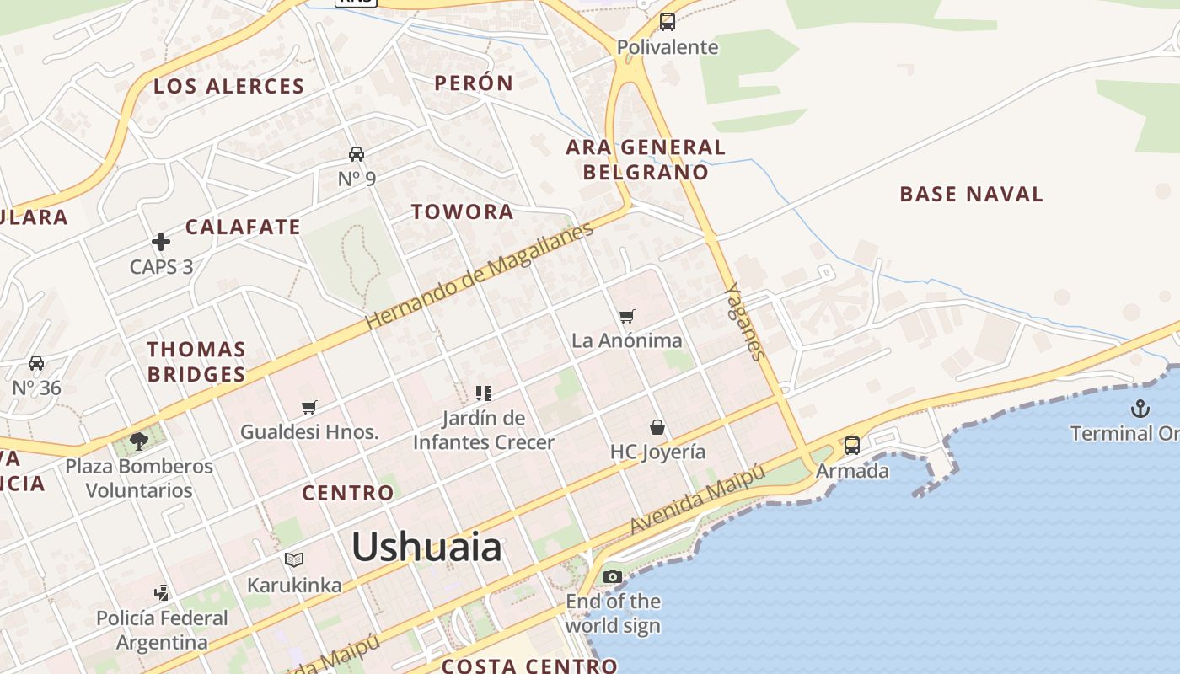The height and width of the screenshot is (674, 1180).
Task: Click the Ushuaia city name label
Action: tap(426, 548)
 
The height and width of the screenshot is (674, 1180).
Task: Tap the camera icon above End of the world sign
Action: tap(613, 577)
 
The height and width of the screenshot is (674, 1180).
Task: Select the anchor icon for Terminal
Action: tap(1140, 409)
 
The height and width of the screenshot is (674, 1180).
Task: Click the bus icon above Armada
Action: tap(852, 446)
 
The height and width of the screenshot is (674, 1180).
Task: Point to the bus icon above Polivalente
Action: tap(668, 22)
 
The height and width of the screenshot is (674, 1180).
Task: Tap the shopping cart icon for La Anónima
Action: tap(626, 317)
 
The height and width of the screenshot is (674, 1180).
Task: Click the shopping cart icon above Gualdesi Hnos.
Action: tap(309, 408)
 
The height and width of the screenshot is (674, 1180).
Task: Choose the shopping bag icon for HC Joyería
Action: tap(657, 427)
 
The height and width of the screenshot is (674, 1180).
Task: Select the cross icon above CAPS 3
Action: tap(161, 243)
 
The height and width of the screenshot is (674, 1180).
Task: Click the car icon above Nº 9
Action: tap(357, 154)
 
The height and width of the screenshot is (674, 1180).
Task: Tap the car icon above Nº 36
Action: tap(36, 363)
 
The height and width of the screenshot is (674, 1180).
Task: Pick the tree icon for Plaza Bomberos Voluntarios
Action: tap(139, 441)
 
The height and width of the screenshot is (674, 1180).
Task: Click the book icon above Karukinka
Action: tap(294, 559)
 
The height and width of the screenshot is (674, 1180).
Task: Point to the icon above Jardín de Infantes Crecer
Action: tap(484, 393)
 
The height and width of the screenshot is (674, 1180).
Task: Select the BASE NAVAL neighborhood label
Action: tap(971, 194)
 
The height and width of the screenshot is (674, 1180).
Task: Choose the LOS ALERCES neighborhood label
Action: tap(228, 86)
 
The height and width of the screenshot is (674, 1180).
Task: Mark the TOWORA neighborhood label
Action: tap(463, 211)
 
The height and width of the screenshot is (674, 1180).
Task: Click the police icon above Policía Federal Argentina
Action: tap(161, 593)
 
